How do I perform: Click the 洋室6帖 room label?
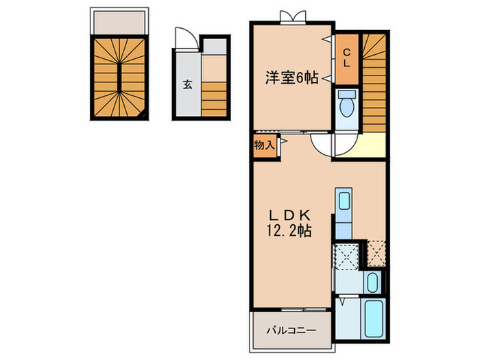[292, 78]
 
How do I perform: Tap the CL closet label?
[347, 57]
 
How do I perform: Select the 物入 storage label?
[264, 145]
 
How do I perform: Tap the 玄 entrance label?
[187, 85]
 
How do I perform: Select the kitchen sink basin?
[343, 201]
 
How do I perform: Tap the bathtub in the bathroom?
[374, 320]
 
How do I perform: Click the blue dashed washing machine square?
[346, 255]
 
